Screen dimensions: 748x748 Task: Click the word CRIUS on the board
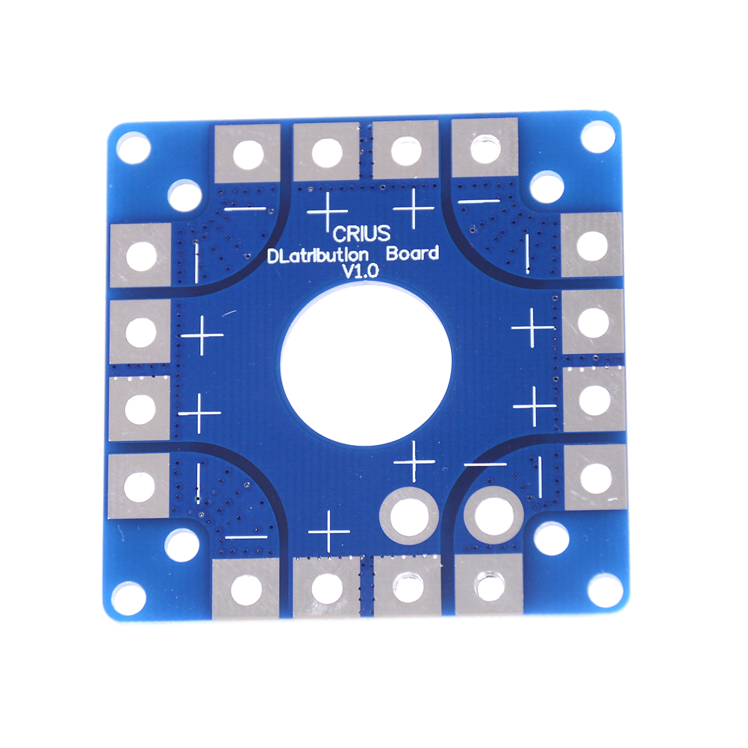pyautogui.click(x=361, y=234)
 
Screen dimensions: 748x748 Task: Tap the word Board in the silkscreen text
pyautogui.click(x=412, y=253)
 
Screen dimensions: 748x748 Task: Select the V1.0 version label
pyautogui.click(x=361, y=271)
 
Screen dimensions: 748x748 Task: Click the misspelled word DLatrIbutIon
pyautogui.click(x=318, y=255)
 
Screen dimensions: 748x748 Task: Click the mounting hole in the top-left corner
pyautogui.click(x=134, y=147)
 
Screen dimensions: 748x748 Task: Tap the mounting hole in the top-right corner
pyautogui.click(x=598, y=137)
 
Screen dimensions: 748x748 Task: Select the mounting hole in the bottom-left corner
pyautogui.click(x=129, y=598)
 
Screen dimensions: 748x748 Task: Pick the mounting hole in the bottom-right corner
pyautogui.click(x=605, y=591)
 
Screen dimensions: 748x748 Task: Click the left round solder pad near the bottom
pyautogui.click(x=409, y=516)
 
